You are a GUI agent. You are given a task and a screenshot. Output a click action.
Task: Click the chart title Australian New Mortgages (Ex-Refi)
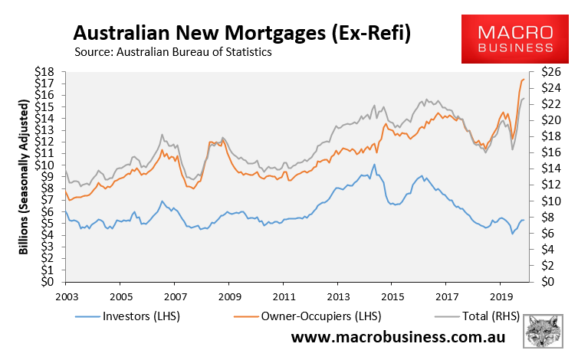[241, 33]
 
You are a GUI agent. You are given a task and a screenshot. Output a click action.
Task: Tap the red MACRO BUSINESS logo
[515, 39]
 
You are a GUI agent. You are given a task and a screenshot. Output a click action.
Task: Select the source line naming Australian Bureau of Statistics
[173, 52]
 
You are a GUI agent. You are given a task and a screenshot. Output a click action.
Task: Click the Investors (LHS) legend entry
[127, 316]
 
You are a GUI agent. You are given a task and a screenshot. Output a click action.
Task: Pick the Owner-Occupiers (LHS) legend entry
[307, 316]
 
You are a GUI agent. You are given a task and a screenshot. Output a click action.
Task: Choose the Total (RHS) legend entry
[478, 316]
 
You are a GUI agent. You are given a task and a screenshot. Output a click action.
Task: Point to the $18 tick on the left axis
[44, 72]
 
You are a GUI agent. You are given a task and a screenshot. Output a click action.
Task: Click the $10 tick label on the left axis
[44, 165]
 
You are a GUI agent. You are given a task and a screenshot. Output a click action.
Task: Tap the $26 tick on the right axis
[551, 72]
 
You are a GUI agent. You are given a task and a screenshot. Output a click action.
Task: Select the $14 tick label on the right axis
[551, 169]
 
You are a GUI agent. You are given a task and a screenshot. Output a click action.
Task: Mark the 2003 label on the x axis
[67, 296]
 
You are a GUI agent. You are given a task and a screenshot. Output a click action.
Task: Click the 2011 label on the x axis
[284, 296]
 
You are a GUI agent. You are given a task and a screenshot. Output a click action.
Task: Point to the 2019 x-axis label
[501, 296]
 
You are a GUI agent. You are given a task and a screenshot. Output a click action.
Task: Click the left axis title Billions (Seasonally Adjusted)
[23, 177]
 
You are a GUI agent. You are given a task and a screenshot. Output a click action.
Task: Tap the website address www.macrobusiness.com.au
[398, 337]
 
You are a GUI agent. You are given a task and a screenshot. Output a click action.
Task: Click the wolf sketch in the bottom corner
[543, 331]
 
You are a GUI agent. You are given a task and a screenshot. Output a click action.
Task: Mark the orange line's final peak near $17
[524, 79]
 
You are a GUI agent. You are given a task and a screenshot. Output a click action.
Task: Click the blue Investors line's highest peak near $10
[374, 165]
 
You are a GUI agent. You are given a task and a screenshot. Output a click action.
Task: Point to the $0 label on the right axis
[547, 282]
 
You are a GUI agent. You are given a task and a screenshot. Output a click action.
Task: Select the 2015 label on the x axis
[392, 296]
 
